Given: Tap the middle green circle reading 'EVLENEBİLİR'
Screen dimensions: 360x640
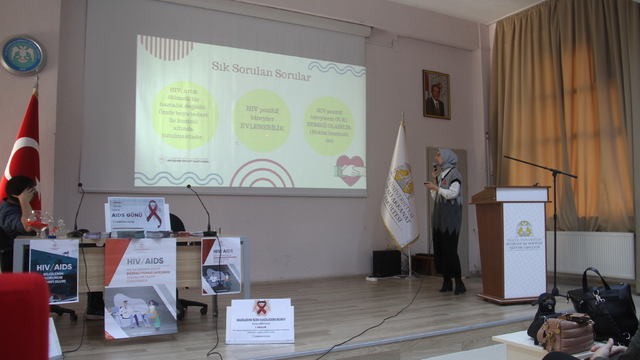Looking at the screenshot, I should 261,120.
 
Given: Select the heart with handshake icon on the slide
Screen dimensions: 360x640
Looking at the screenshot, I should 349,169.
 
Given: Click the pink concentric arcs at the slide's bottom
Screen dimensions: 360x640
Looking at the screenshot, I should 261,176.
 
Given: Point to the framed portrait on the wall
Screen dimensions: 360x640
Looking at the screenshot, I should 436,93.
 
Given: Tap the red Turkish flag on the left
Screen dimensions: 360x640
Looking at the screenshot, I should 24,150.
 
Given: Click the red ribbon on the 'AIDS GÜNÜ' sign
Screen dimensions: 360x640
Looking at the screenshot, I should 153,213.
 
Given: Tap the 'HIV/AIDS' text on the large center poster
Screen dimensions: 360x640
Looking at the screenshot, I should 139,260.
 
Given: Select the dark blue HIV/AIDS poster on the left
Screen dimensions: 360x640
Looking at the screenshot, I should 54,270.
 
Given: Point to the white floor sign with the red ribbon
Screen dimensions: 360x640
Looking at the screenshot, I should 260,321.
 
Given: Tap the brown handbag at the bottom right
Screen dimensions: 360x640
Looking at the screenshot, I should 567,334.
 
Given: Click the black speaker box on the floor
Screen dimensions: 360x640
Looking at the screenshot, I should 387,263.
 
